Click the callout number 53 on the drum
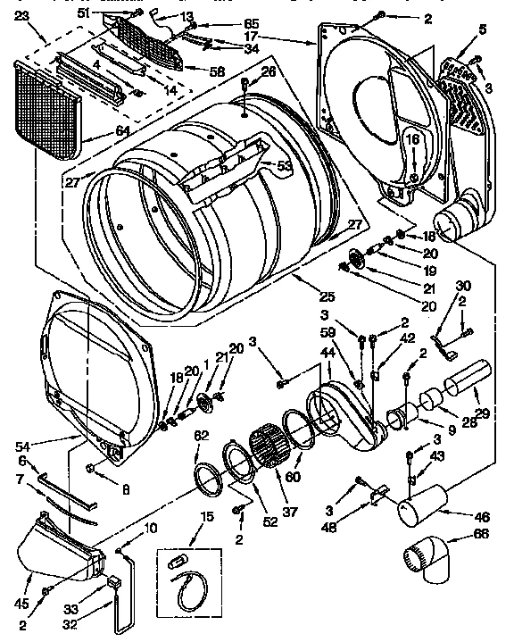tap(285, 165)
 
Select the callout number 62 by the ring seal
tap(202, 435)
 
